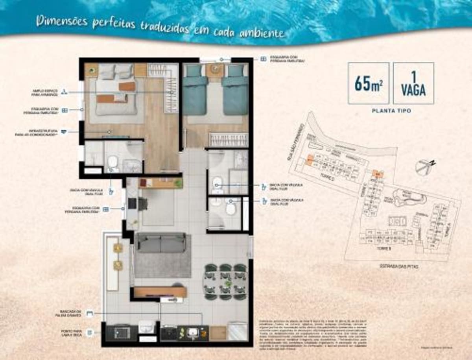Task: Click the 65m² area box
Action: [x=369, y=83]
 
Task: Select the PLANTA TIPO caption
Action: [x=391, y=111]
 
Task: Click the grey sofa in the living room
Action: [x=160, y=243]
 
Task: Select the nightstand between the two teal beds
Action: [x=215, y=71]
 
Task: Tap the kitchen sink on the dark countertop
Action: [x=192, y=332]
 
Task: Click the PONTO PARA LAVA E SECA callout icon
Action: [x=90, y=333]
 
